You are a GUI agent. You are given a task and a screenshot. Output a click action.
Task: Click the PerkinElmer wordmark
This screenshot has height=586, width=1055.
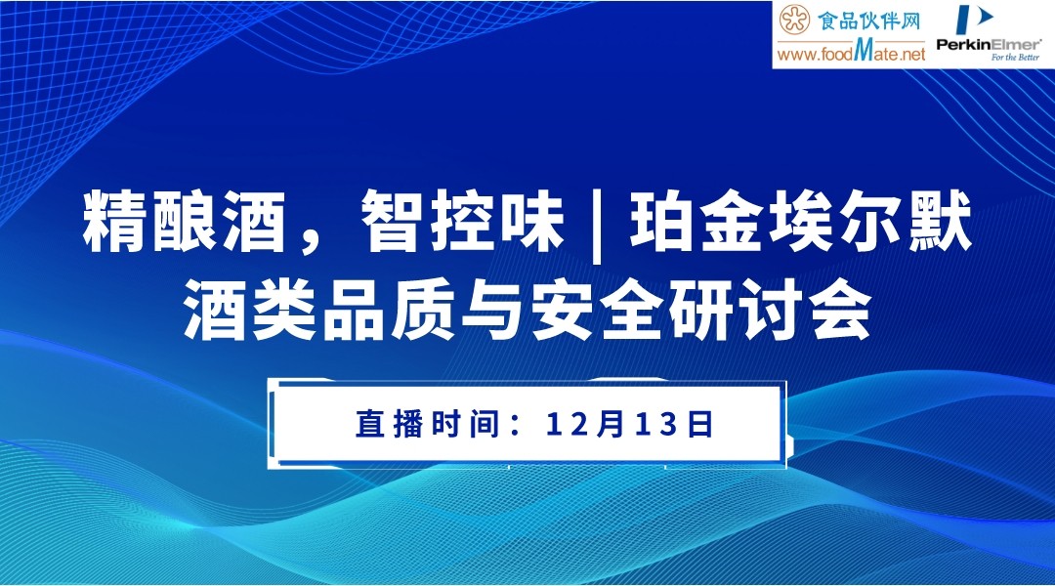tap(989, 43)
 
